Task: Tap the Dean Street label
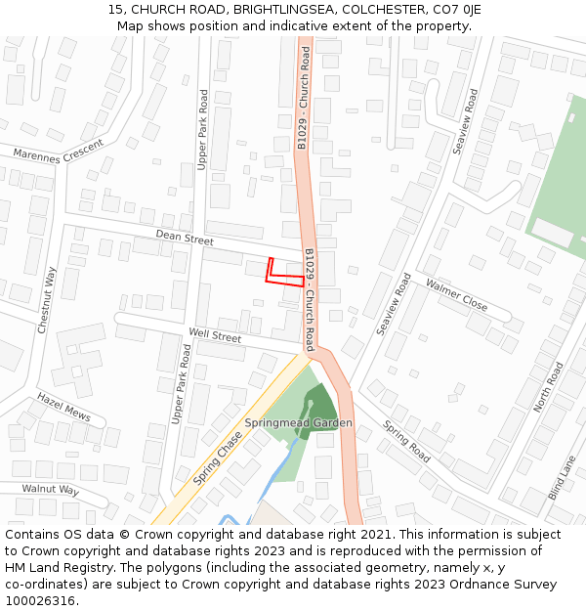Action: (x=185, y=239)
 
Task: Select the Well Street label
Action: (x=215, y=335)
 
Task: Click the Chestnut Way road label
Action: (x=47, y=300)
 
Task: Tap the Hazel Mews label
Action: (x=63, y=407)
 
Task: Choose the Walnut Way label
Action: (x=50, y=489)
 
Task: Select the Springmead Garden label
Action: (x=298, y=423)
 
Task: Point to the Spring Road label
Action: (x=406, y=442)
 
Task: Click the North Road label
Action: (x=548, y=387)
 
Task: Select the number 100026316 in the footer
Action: (x=42, y=601)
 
